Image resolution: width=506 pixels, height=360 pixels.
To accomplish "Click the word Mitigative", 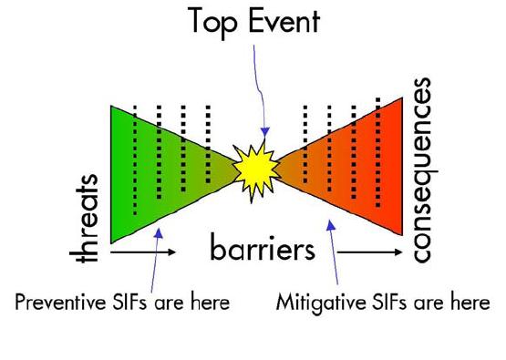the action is click(318, 299).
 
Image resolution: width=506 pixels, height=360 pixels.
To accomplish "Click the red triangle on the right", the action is click(360, 169).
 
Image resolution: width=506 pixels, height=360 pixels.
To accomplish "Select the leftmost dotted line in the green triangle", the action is click(136, 159).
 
